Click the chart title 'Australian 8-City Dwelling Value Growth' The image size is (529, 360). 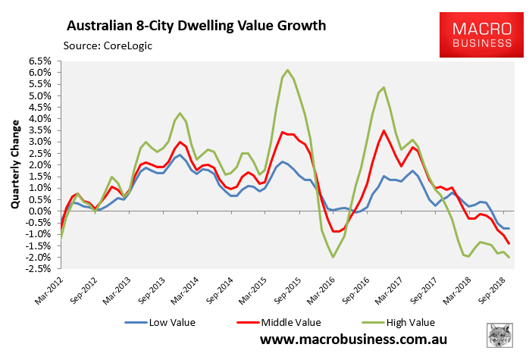(196, 26)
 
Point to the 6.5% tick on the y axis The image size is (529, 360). (40, 61)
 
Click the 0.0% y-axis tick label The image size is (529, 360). (40, 211)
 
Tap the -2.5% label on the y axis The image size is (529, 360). (39, 268)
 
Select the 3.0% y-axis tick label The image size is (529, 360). (40, 142)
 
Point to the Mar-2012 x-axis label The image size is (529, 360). (48, 292)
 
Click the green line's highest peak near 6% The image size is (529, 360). (287, 70)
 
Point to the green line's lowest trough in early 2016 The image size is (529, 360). (333, 257)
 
